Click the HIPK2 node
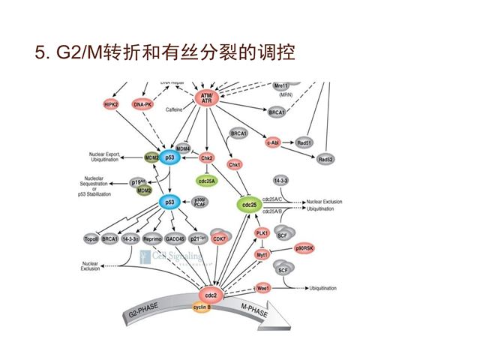tap(112, 103)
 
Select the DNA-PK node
tap(143, 104)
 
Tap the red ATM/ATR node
tap(207, 98)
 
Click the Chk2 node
tap(208, 158)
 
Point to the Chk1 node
tap(234, 164)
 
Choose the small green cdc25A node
tap(208, 181)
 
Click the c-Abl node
tap(273, 141)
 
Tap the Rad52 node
tap(325, 160)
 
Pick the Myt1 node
tap(262, 255)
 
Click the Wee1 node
tap(263, 287)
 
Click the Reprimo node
tap(163, 238)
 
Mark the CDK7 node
tap(220, 238)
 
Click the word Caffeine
tap(175, 109)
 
